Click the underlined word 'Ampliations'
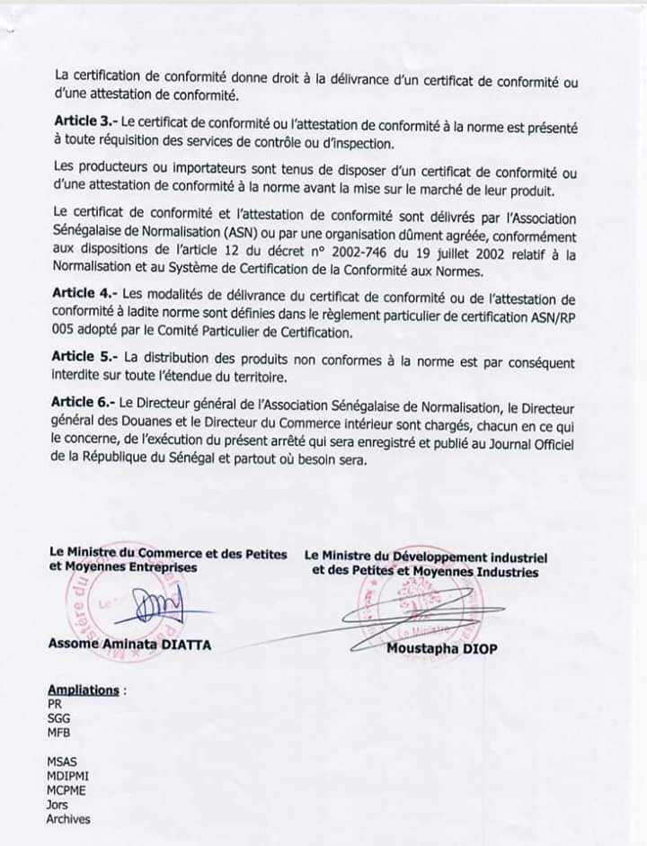coord(83,690)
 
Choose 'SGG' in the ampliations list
coord(58,720)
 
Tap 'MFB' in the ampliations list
coord(58,734)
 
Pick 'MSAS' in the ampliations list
coord(62,762)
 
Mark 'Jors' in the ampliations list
coord(58,806)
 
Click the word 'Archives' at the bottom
coord(68,820)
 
